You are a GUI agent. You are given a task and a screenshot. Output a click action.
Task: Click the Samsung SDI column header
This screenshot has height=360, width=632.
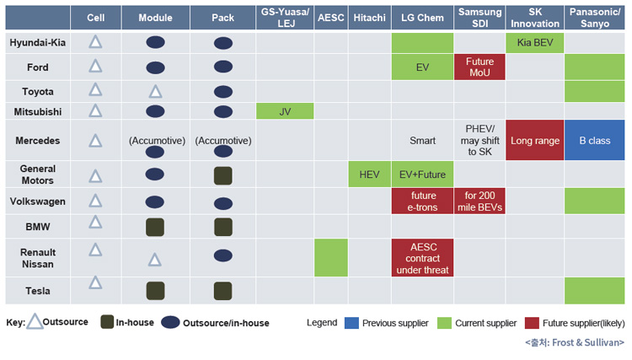tap(479, 18)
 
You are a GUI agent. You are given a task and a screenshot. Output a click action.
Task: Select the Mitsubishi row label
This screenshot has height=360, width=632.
tap(37, 111)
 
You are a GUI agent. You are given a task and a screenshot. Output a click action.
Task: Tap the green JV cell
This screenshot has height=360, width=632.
tap(285, 111)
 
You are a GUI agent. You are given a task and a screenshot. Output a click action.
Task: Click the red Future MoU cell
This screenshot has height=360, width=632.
tap(479, 67)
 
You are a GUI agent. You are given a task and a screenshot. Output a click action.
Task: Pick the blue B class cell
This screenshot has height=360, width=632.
tap(595, 140)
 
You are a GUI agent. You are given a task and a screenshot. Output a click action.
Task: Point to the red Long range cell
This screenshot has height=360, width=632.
tap(534, 140)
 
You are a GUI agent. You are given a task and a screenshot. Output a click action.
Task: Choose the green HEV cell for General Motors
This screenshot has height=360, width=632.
tap(369, 175)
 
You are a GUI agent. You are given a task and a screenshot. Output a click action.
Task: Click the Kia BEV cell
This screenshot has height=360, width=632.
tap(534, 43)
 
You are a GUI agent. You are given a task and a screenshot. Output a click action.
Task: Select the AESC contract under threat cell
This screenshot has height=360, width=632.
tap(422, 258)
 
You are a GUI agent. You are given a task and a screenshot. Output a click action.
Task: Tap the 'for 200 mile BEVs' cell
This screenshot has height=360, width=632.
tap(479, 201)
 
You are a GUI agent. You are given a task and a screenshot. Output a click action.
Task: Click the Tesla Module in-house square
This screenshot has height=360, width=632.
tap(155, 291)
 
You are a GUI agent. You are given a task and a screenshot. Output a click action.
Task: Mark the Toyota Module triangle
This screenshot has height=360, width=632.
tap(155, 92)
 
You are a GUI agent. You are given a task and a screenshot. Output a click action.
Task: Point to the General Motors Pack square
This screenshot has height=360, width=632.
tap(223, 175)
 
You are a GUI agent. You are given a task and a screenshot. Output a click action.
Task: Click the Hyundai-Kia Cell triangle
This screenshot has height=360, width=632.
tap(95, 42)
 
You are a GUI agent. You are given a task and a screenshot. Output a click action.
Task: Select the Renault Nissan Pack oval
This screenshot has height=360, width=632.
tap(223, 255)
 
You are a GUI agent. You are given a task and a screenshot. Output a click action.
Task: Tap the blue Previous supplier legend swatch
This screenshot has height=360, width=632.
tap(351, 323)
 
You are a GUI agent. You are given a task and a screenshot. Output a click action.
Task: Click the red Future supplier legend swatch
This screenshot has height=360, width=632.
tap(532, 323)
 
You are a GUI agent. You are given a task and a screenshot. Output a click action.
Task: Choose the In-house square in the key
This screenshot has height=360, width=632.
tap(107, 322)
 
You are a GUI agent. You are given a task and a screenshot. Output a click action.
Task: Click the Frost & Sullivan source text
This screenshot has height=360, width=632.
tap(575, 342)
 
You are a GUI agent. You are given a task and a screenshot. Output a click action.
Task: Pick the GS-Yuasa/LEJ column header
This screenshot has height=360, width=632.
tap(285, 18)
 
